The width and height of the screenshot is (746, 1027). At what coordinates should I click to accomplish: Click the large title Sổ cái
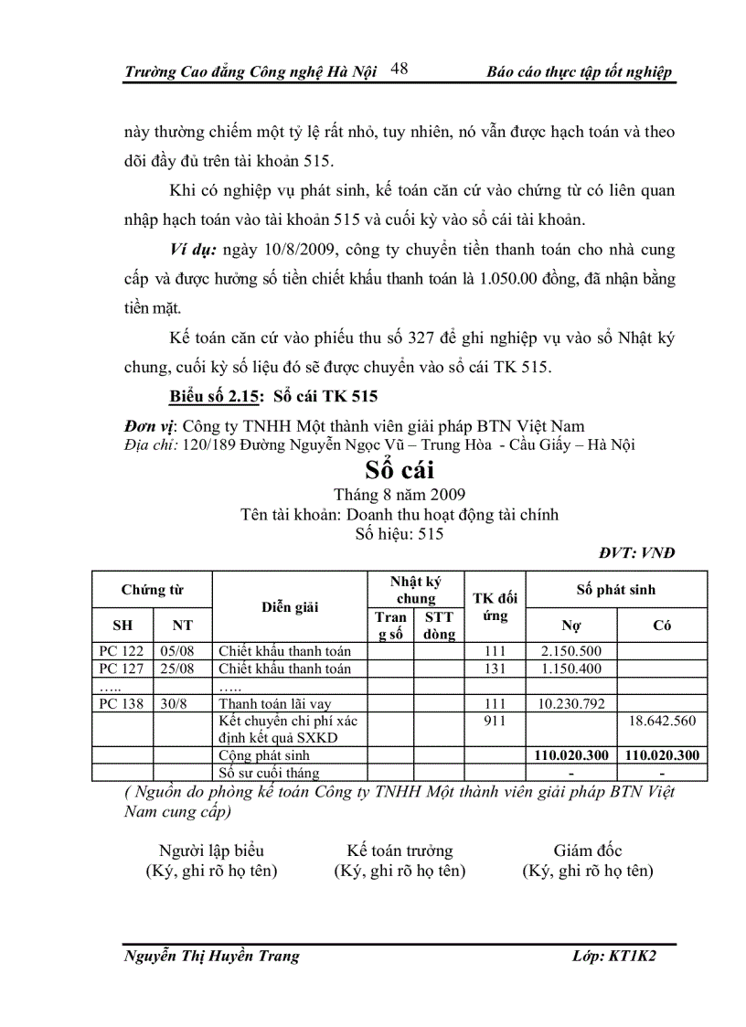click(400, 471)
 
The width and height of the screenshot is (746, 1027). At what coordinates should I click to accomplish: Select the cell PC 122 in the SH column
click(122, 651)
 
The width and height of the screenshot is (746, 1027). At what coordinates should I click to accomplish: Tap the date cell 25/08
click(182, 669)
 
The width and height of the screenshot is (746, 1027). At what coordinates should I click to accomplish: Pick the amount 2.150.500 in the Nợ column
click(570, 651)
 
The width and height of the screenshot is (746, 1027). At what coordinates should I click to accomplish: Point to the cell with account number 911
click(495, 721)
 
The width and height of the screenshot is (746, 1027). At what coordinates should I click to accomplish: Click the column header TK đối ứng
click(495, 607)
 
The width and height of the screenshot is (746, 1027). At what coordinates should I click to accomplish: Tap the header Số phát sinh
click(615, 590)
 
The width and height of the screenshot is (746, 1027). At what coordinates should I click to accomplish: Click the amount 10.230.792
click(570, 703)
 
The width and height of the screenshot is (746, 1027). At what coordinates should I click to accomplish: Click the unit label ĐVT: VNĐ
click(637, 552)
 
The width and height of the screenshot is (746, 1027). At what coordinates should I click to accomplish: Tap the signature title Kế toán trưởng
click(400, 851)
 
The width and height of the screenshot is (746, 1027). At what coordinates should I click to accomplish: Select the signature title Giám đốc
click(587, 851)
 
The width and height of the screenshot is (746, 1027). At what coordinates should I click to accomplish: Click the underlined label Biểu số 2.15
click(215, 396)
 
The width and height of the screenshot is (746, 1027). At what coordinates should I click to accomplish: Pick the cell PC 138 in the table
click(122, 703)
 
